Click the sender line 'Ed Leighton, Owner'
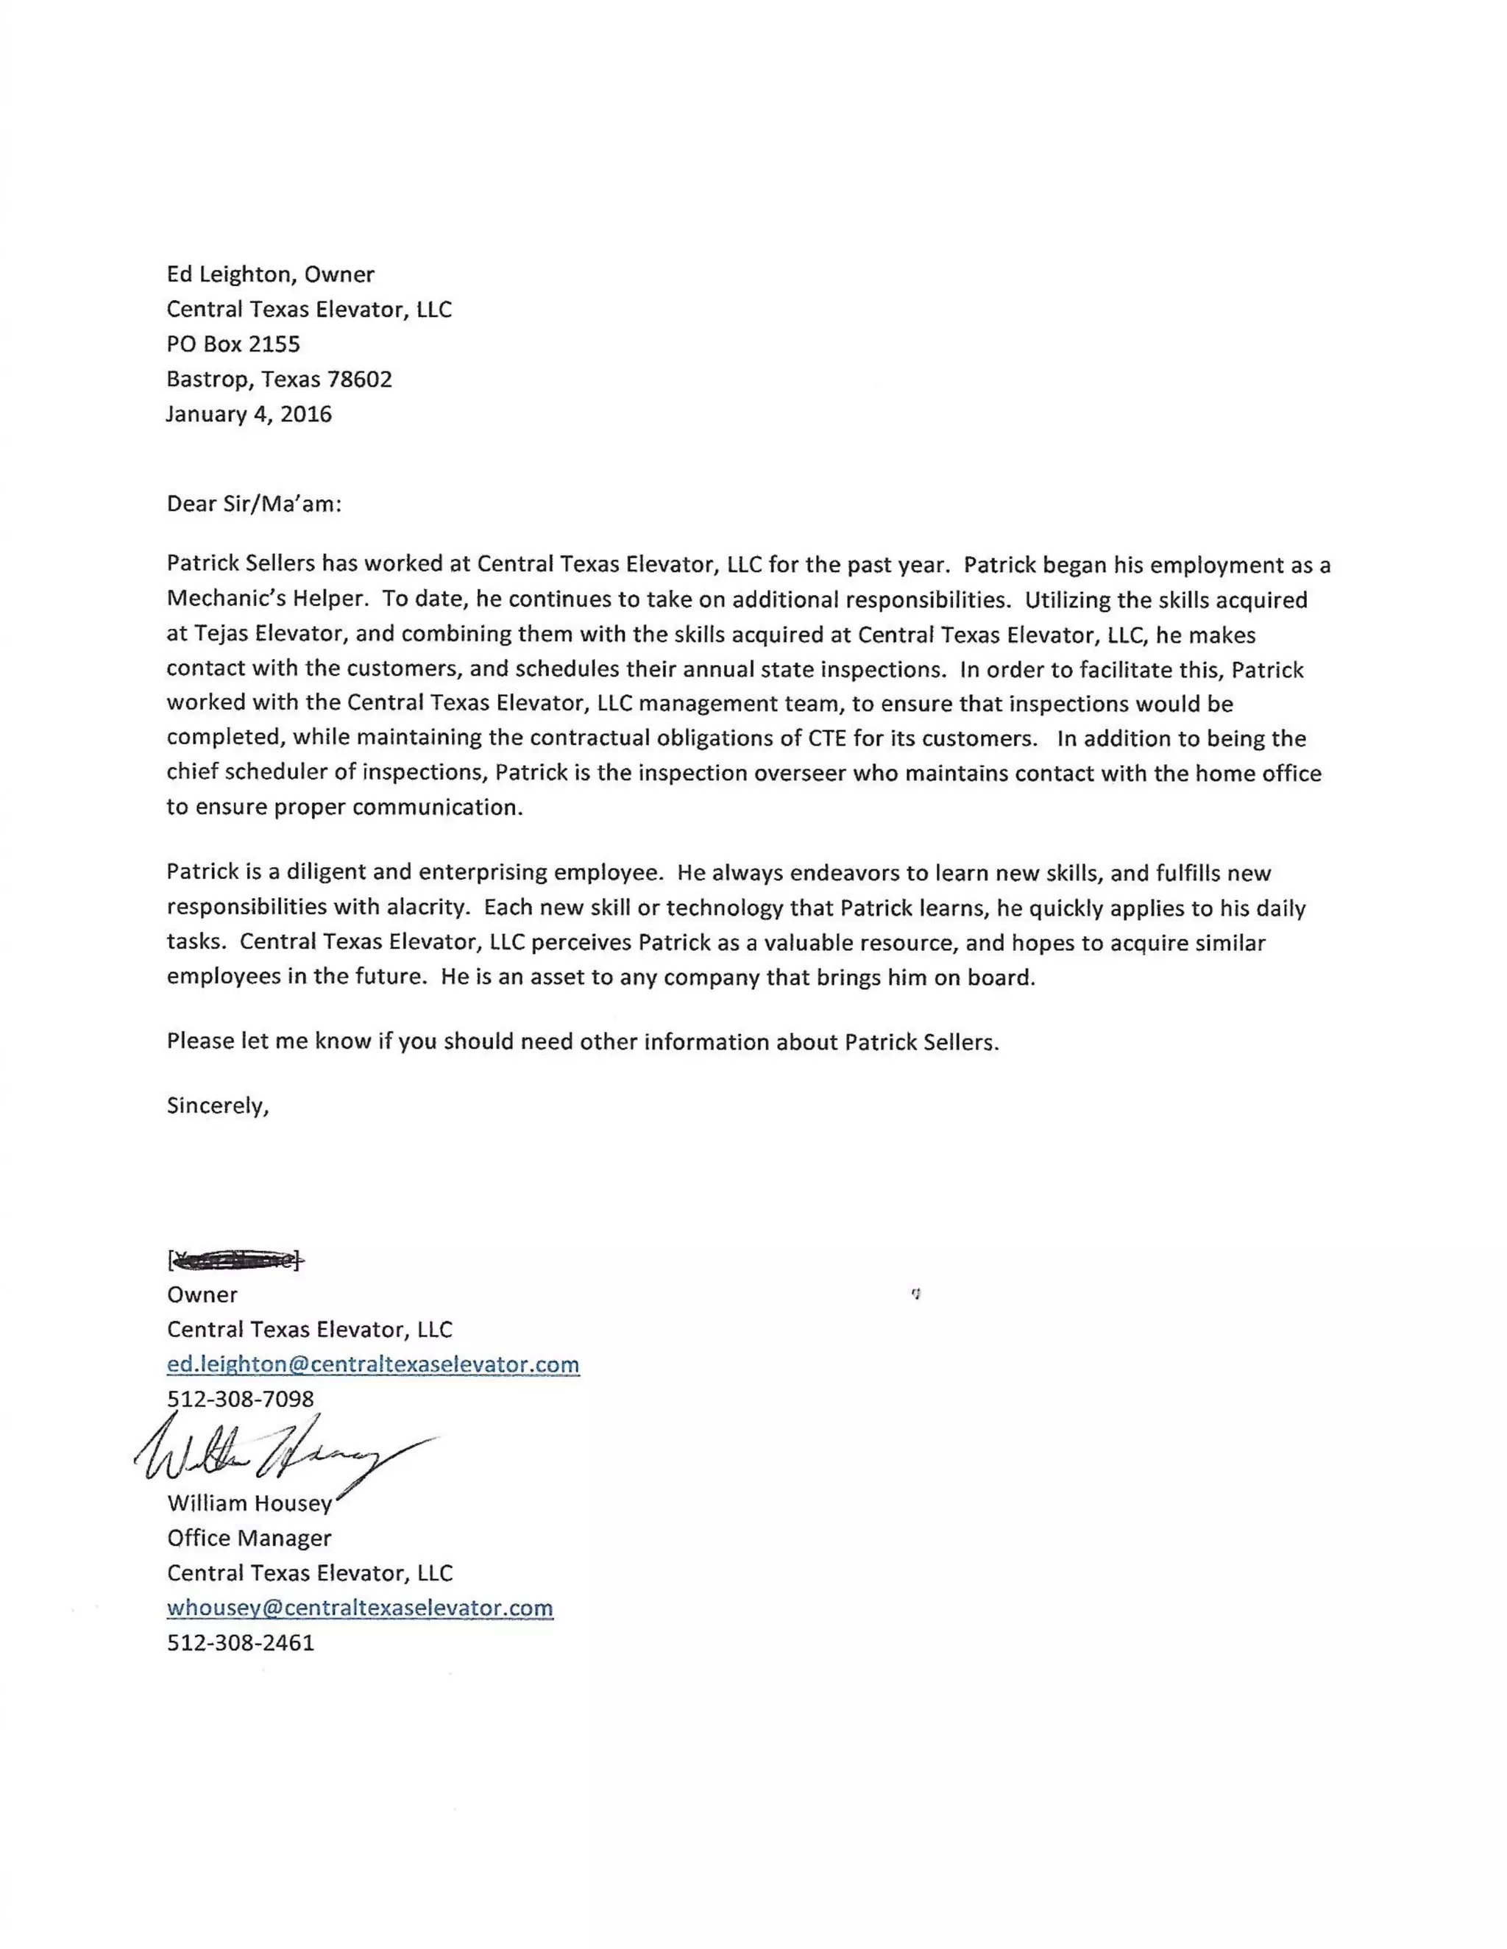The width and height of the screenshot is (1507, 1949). pos(271,274)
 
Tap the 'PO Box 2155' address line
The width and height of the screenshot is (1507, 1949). pos(233,343)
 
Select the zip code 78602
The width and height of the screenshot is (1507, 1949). pos(359,380)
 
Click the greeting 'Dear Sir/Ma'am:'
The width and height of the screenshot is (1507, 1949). pos(254,505)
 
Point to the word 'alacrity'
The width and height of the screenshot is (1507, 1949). pos(428,908)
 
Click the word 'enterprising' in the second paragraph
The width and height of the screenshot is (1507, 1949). pos(483,873)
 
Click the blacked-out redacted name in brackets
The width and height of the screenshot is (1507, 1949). pos(235,1260)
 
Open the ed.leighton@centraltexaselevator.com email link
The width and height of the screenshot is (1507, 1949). pos(373,1364)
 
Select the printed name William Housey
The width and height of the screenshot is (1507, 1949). pos(249,1504)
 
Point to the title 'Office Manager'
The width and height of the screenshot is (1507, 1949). pos(249,1539)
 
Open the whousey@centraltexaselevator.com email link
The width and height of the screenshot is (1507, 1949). pos(360,1608)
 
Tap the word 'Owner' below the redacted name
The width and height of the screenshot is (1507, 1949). pos(202,1295)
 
